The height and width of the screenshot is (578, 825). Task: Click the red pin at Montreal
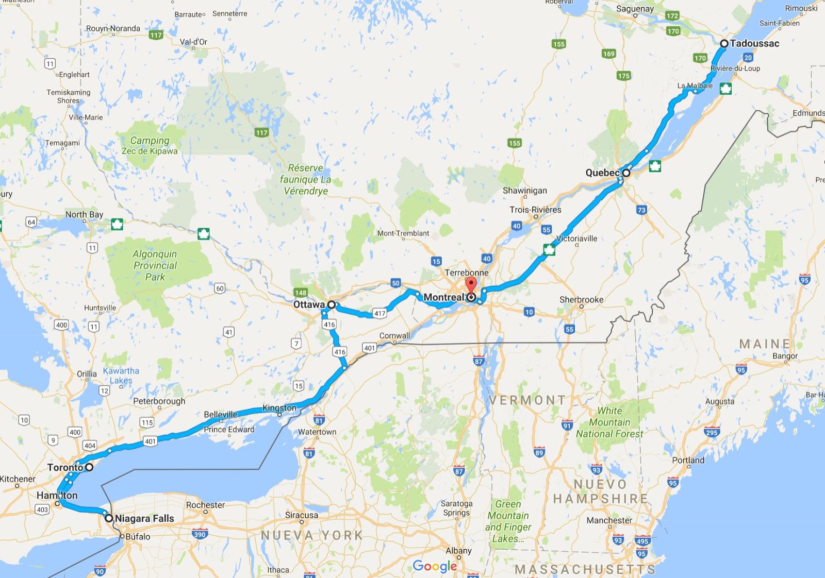471,285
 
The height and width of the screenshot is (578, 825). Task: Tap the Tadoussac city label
754,43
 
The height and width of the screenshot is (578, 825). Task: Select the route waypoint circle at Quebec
626,173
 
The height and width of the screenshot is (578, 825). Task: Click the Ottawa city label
309,304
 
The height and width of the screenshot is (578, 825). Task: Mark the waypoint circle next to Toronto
89,467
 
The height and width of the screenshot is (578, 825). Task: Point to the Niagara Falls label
144,518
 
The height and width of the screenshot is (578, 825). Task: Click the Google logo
435,566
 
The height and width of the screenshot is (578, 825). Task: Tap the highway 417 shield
379,313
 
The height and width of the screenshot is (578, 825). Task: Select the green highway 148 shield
301,293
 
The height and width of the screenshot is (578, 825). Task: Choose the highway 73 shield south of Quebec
641,210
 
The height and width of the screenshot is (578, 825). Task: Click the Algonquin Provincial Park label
155,265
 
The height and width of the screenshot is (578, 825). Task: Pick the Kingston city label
279,408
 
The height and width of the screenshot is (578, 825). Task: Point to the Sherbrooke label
581,299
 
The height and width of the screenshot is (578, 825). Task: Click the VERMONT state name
527,400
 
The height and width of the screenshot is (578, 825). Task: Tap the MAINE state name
765,344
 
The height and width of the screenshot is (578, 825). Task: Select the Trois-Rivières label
535,210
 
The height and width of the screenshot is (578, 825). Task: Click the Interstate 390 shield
200,534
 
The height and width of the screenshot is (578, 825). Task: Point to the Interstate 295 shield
712,432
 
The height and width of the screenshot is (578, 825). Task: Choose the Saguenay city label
635,9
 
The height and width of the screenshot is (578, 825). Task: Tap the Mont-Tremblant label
403,233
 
